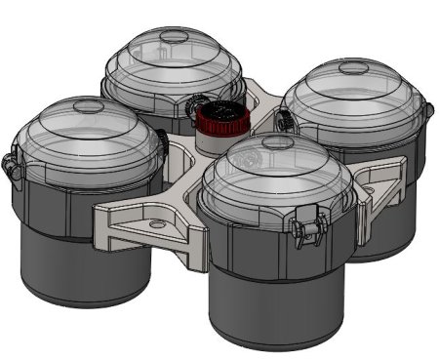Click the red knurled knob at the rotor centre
pos(219,119)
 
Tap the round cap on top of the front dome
pos(276,142)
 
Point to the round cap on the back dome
pos(173,36)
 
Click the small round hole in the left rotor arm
pos(155,225)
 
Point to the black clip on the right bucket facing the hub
pos(283,119)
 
